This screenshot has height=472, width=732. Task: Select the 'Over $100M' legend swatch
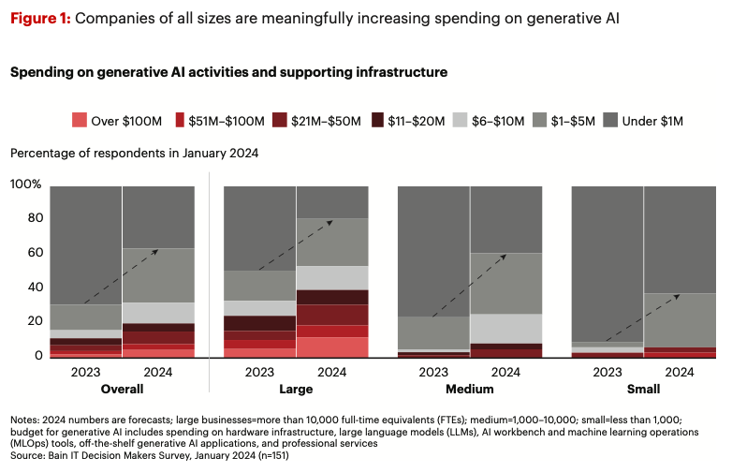click(79, 120)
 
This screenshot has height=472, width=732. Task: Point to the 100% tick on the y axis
click(26, 184)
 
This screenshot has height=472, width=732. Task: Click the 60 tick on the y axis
click(35, 253)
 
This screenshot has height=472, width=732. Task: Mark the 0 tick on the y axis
click(38, 356)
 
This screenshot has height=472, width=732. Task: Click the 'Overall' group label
click(123, 389)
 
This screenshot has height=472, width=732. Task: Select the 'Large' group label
click(296, 389)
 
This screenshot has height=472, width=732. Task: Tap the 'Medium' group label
click(470, 389)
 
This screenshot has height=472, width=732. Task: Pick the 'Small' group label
click(644, 389)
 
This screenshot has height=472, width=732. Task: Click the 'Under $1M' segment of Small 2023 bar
click(608, 262)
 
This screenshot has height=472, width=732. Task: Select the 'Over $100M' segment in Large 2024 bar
click(332, 347)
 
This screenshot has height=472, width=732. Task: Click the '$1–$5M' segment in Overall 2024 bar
click(159, 275)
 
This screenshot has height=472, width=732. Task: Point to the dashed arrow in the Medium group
click(471, 286)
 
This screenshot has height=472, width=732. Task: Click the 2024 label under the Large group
click(332, 372)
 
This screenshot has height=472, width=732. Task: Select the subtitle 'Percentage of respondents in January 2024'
click(133, 153)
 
